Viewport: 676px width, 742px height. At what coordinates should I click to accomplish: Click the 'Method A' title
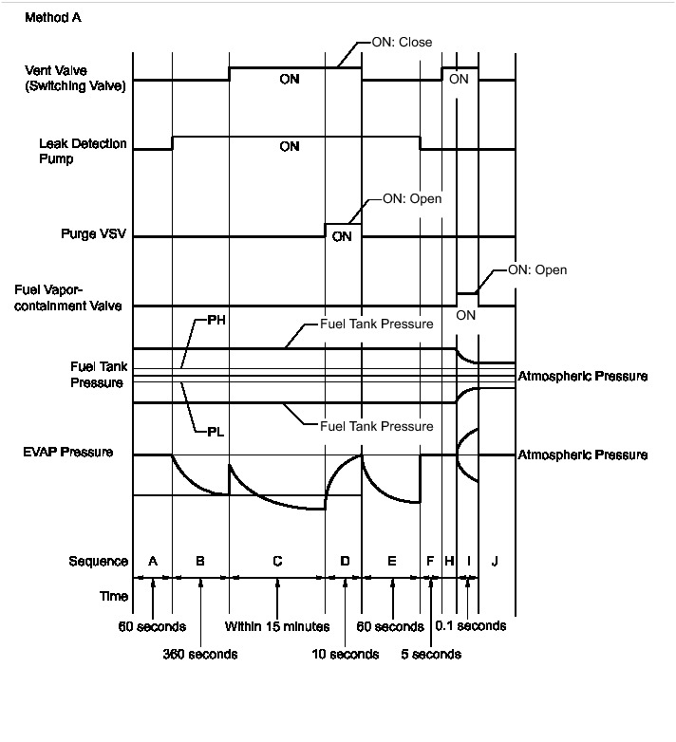(52, 18)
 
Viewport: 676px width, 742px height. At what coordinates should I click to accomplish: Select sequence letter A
(153, 561)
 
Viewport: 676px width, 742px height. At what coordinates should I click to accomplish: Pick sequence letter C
(276, 561)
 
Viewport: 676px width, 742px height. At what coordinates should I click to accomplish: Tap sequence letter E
(391, 561)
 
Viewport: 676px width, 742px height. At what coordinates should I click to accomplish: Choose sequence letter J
(495, 561)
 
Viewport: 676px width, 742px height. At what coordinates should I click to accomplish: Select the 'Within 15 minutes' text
(276, 626)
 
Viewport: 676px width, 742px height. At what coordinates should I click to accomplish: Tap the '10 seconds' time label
(346, 654)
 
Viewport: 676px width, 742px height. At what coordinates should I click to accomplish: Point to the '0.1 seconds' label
(470, 626)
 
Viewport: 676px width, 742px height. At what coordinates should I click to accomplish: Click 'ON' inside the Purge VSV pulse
(342, 236)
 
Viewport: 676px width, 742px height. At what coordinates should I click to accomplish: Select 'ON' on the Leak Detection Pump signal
(290, 147)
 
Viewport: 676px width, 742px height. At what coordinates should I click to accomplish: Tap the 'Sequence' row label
(98, 561)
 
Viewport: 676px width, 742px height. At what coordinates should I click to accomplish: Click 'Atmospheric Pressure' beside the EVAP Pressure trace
(582, 455)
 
